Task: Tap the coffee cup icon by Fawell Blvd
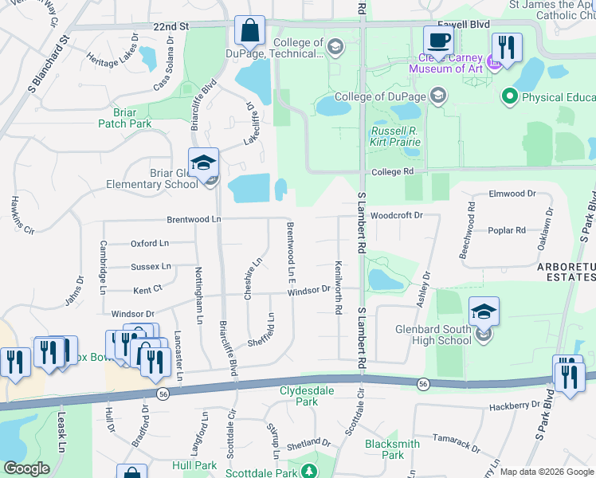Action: pyautogui.click(x=437, y=40)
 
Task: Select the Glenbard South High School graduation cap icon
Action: pyautogui.click(x=484, y=311)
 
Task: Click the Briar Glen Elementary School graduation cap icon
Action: pyautogui.click(x=203, y=163)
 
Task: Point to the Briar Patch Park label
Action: pyautogui.click(x=124, y=118)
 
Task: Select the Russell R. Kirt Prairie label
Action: pyautogui.click(x=395, y=136)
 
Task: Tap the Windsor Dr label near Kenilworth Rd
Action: pyautogui.click(x=309, y=290)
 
